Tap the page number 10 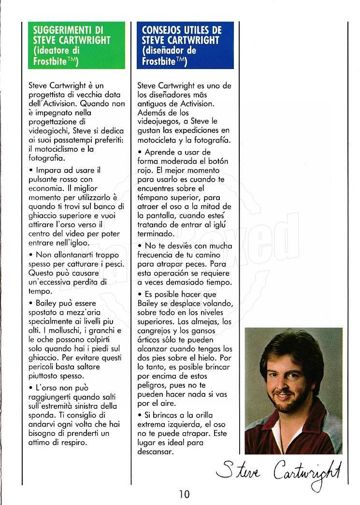coord(184,494)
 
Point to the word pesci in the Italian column coord(115,263)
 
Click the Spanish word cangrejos coord(157,330)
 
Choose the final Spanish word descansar coord(156,451)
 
